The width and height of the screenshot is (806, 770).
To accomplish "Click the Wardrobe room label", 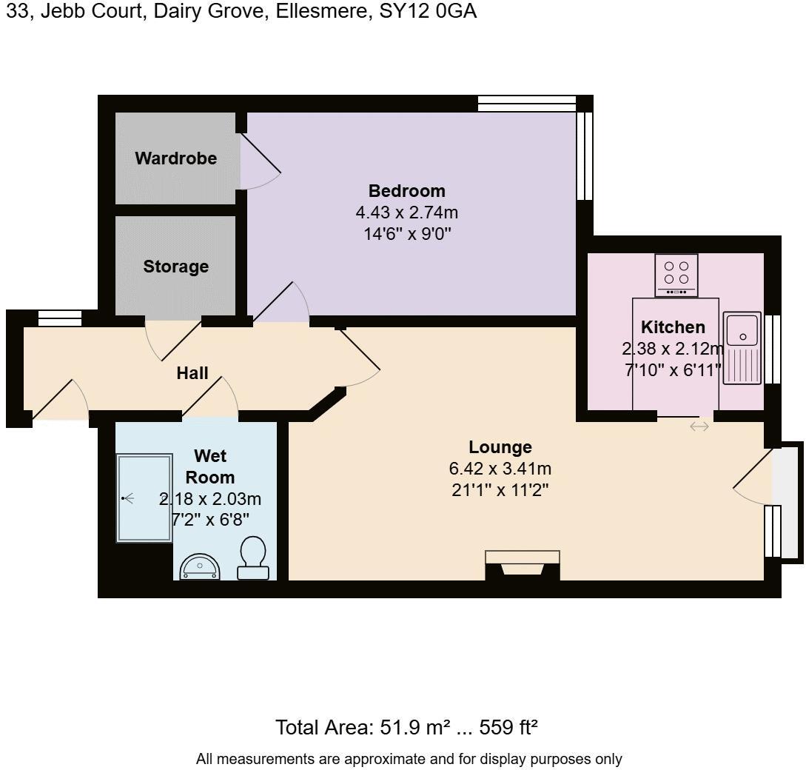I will tap(175, 158).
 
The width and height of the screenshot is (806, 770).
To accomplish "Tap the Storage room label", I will tap(175, 267).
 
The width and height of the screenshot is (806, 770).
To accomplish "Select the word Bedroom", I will tap(406, 191).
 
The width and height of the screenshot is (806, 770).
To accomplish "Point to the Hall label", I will tap(192, 373).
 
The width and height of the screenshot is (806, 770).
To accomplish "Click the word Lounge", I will tap(500, 447).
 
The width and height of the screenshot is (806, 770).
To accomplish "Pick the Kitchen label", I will tap(673, 327).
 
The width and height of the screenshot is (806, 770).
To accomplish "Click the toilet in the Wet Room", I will tap(253, 558).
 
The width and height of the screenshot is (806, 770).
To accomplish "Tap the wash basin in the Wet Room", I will tap(200, 566).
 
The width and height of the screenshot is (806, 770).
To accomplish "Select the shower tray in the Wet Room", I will tap(144, 498).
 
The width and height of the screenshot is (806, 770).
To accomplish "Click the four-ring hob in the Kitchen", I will tap(676, 274).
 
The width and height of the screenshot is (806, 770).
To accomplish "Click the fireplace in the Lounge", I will tap(523, 566).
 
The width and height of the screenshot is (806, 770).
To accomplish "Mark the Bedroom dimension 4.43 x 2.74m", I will tap(406, 213).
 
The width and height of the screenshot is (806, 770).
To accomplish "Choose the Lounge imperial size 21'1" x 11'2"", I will tap(500, 489).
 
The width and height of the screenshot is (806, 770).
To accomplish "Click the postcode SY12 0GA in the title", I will tap(428, 12).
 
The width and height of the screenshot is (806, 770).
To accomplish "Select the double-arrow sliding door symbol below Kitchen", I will tap(699, 426).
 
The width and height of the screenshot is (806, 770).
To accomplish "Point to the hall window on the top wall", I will tap(60, 318).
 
